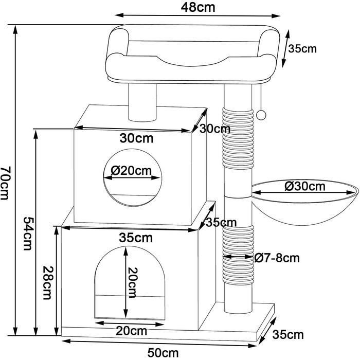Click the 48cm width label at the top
point(198,8)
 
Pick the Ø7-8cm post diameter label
point(277,257)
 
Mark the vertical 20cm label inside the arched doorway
point(133,283)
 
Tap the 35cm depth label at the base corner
point(292,336)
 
